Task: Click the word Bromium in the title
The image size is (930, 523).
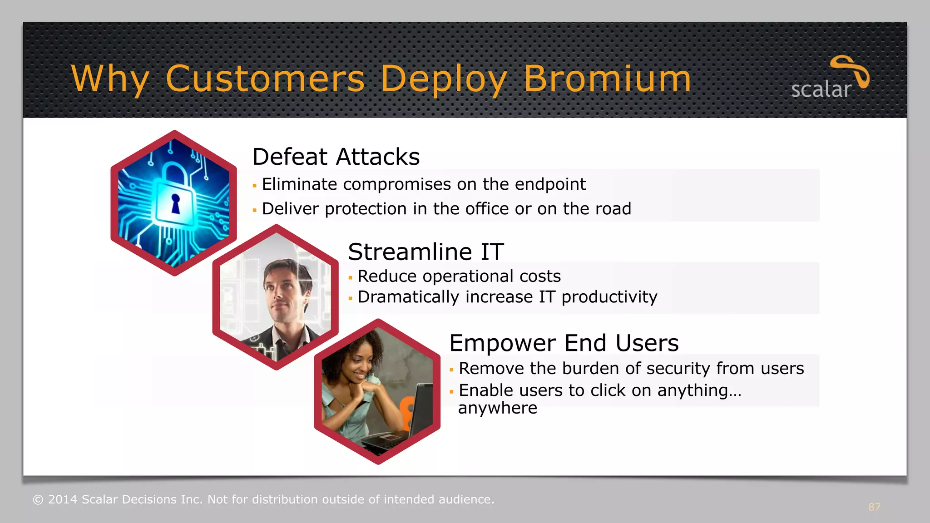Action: tap(607, 79)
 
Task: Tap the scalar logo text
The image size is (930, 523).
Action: tap(821, 89)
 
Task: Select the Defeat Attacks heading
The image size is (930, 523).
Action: tap(336, 157)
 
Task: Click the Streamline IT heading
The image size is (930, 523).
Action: tap(425, 252)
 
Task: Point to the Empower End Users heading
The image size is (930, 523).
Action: tap(564, 343)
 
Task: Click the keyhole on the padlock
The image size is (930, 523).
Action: tap(175, 204)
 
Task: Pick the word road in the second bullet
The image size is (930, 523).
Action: tap(613, 209)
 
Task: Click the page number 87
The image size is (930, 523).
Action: tap(874, 507)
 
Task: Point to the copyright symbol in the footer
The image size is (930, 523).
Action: tap(38, 500)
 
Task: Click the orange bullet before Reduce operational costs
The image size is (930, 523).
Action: tap(350, 278)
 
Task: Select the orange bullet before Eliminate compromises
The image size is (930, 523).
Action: tap(254, 186)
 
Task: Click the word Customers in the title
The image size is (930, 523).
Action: tap(265, 79)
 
